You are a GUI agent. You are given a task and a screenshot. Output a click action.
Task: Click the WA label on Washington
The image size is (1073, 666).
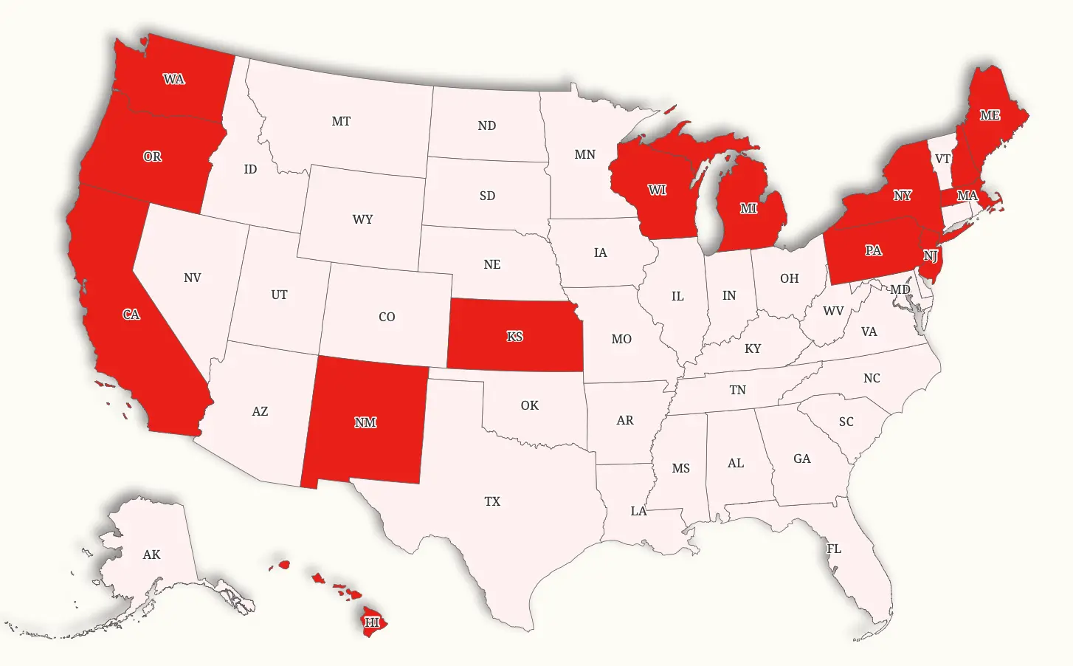click(x=174, y=79)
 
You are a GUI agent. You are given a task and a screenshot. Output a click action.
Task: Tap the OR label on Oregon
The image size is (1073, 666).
click(x=152, y=157)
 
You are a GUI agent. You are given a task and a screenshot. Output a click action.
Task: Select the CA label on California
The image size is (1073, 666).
click(x=131, y=315)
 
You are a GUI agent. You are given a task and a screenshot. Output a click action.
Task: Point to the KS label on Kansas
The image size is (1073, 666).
click(x=514, y=337)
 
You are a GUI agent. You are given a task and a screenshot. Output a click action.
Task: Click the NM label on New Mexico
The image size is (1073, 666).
click(x=365, y=422)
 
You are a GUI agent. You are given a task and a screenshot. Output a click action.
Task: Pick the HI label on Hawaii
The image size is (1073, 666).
click(x=372, y=622)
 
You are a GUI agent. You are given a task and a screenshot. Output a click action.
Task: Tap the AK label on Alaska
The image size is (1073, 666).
click(x=151, y=555)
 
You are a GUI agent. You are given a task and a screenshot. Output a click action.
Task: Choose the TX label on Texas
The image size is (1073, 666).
click(x=492, y=501)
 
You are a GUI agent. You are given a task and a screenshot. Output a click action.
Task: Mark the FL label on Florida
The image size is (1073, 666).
click(x=834, y=549)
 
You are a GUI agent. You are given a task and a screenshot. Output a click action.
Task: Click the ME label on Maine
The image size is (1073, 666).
click(x=990, y=115)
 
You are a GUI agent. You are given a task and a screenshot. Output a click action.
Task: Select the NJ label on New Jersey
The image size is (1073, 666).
click(x=931, y=256)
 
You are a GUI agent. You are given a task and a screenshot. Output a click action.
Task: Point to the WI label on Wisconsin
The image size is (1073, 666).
click(x=657, y=190)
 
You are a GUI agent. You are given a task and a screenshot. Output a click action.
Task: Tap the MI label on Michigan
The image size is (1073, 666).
click(x=748, y=208)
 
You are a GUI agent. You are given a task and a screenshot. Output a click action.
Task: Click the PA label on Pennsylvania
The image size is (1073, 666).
click(x=873, y=250)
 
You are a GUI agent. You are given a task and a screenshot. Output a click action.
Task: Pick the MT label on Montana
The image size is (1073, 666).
click(x=341, y=121)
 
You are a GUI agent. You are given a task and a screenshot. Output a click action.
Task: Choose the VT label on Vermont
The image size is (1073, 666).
click(x=942, y=159)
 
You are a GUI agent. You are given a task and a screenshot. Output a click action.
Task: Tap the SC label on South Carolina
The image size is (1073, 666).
click(x=846, y=422)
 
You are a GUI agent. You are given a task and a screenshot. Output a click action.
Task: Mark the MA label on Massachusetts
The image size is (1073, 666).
click(x=967, y=196)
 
